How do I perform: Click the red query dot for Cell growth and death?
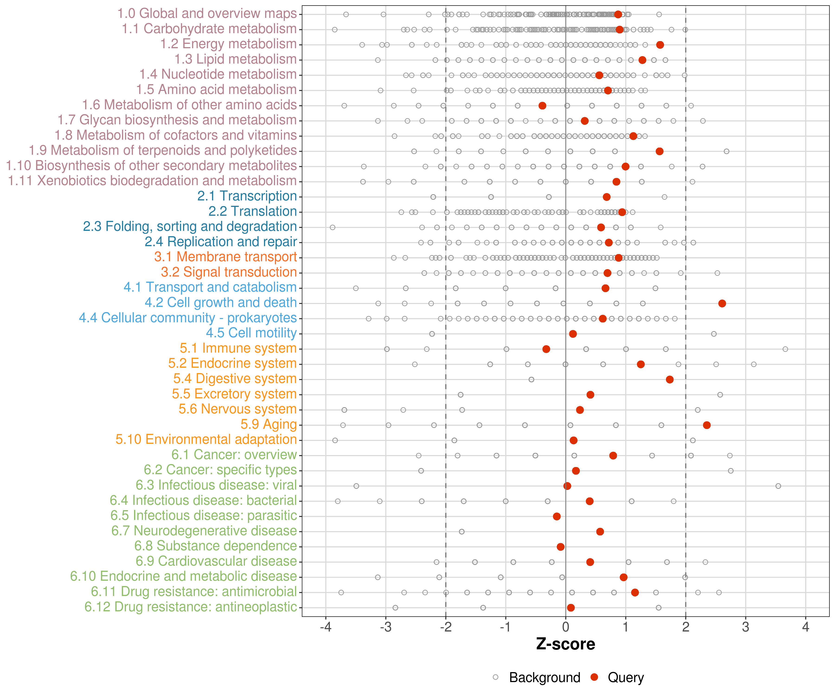coord(722,303)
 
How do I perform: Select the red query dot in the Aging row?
coord(707,425)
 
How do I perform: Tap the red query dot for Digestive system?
coord(670,379)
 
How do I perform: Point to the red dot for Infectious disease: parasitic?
coord(557,516)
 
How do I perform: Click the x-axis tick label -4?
coord(326,627)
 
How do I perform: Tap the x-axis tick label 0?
coord(566,627)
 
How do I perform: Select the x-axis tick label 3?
coord(745,627)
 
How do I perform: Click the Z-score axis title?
coord(565,644)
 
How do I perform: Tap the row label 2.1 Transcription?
coord(247,196)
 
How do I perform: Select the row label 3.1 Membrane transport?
coord(225,257)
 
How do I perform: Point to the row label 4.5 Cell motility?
coord(251,333)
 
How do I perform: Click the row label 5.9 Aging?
coord(268,424)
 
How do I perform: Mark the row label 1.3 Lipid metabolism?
coord(235,59)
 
